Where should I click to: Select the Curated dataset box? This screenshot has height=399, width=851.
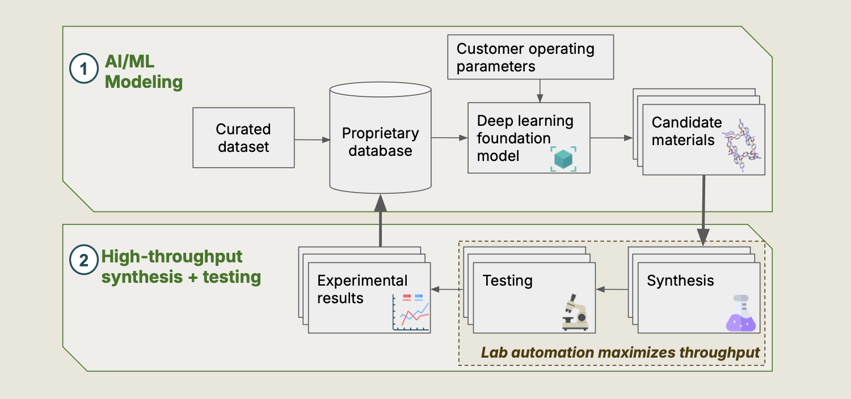pyautogui.click(x=243, y=138)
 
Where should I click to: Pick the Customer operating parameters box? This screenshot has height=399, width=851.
pyautogui.click(x=530, y=57)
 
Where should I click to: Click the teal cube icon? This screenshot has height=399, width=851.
pyautogui.click(x=564, y=159)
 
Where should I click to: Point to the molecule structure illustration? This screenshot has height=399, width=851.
pyautogui.click(x=742, y=146)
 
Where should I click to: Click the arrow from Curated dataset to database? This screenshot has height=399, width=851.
pyautogui.click(x=312, y=139)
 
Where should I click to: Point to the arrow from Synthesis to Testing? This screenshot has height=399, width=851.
pyautogui.click(x=612, y=290)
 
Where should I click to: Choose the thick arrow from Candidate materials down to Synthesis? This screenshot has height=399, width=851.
pyautogui.click(x=703, y=210)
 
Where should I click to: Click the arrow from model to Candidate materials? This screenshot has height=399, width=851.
pyautogui.click(x=612, y=138)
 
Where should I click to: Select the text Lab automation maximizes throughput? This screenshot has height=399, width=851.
pyautogui.click(x=620, y=353)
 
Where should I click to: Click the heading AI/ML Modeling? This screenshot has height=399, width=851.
pyautogui.click(x=144, y=73)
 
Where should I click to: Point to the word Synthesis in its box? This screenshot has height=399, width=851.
pyautogui.click(x=680, y=281)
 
